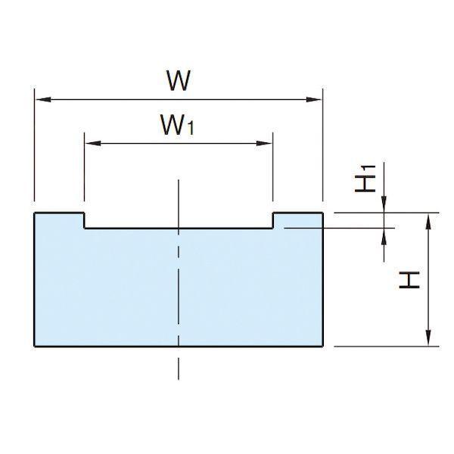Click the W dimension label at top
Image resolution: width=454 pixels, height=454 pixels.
tap(179, 80)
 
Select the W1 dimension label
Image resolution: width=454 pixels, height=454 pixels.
tap(177, 125)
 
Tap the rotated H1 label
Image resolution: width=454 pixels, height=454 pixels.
tap(365, 179)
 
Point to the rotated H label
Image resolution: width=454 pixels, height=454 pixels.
tap(409, 280)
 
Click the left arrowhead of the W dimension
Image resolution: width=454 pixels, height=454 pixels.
tap(43, 100)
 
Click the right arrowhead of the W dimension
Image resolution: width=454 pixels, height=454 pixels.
tap(314, 100)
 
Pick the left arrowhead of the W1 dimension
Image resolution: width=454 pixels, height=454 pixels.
tap(93, 143)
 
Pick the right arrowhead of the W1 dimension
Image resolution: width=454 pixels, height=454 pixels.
tap(264, 143)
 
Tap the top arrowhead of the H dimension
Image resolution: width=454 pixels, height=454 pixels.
tap(429, 221)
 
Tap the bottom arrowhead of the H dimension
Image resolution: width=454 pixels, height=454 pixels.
tap(429, 338)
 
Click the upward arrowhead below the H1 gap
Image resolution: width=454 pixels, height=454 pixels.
tap(384, 236)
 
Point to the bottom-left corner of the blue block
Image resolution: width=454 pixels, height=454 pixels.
tap(35, 346)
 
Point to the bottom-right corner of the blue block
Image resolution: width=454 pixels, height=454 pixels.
tap(323, 346)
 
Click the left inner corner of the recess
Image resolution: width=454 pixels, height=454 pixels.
tap(84, 229)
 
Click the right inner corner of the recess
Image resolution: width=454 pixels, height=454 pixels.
tap(273, 229)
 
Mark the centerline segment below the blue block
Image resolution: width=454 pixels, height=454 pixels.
tap(179, 368)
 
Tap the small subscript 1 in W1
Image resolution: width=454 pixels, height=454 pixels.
tap(191, 129)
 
